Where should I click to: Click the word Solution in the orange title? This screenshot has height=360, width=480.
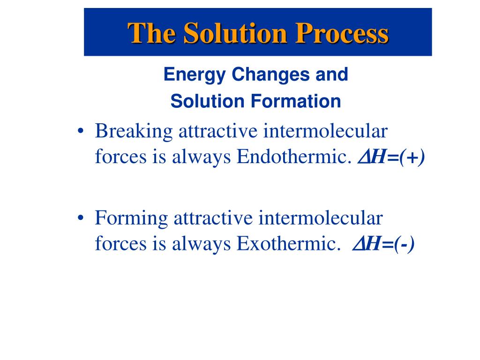click(x=235, y=33)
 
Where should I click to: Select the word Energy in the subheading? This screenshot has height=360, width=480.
click(x=195, y=75)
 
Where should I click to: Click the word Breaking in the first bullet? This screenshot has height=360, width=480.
click(x=134, y=132)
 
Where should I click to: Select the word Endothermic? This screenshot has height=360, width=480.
click(x=294, y=157)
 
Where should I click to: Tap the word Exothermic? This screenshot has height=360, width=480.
click(x=289, y=244)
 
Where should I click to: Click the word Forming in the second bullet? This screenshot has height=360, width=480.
click(x=132, y=219)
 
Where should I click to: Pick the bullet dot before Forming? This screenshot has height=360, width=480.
click(x=81, y=218)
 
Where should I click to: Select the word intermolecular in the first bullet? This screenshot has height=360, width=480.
click(x=325, y=131)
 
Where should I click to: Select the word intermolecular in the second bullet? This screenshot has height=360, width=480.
click(x=321, y=218)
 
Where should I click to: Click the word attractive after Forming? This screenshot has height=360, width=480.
click(x=213, y=218)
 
